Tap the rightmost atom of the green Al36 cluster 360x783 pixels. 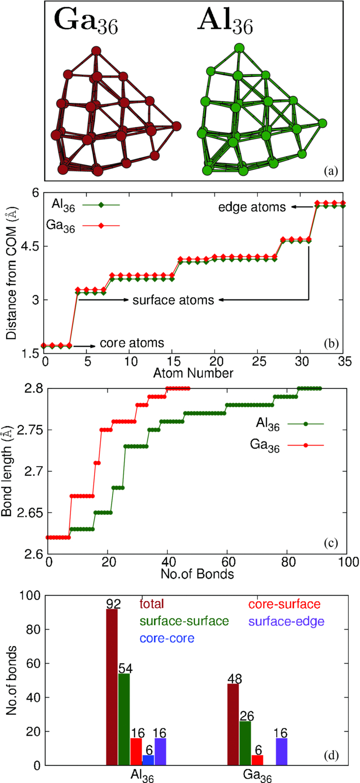pyautogui.click(x=322, y=123)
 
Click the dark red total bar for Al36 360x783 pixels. pyautogui.click(x=112, y=678)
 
